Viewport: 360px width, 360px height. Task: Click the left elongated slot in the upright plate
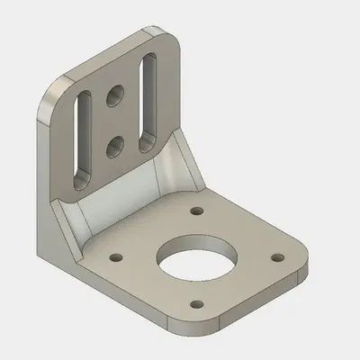81,135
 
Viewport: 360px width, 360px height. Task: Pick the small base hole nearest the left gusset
115,256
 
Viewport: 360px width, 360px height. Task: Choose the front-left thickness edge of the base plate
126,301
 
